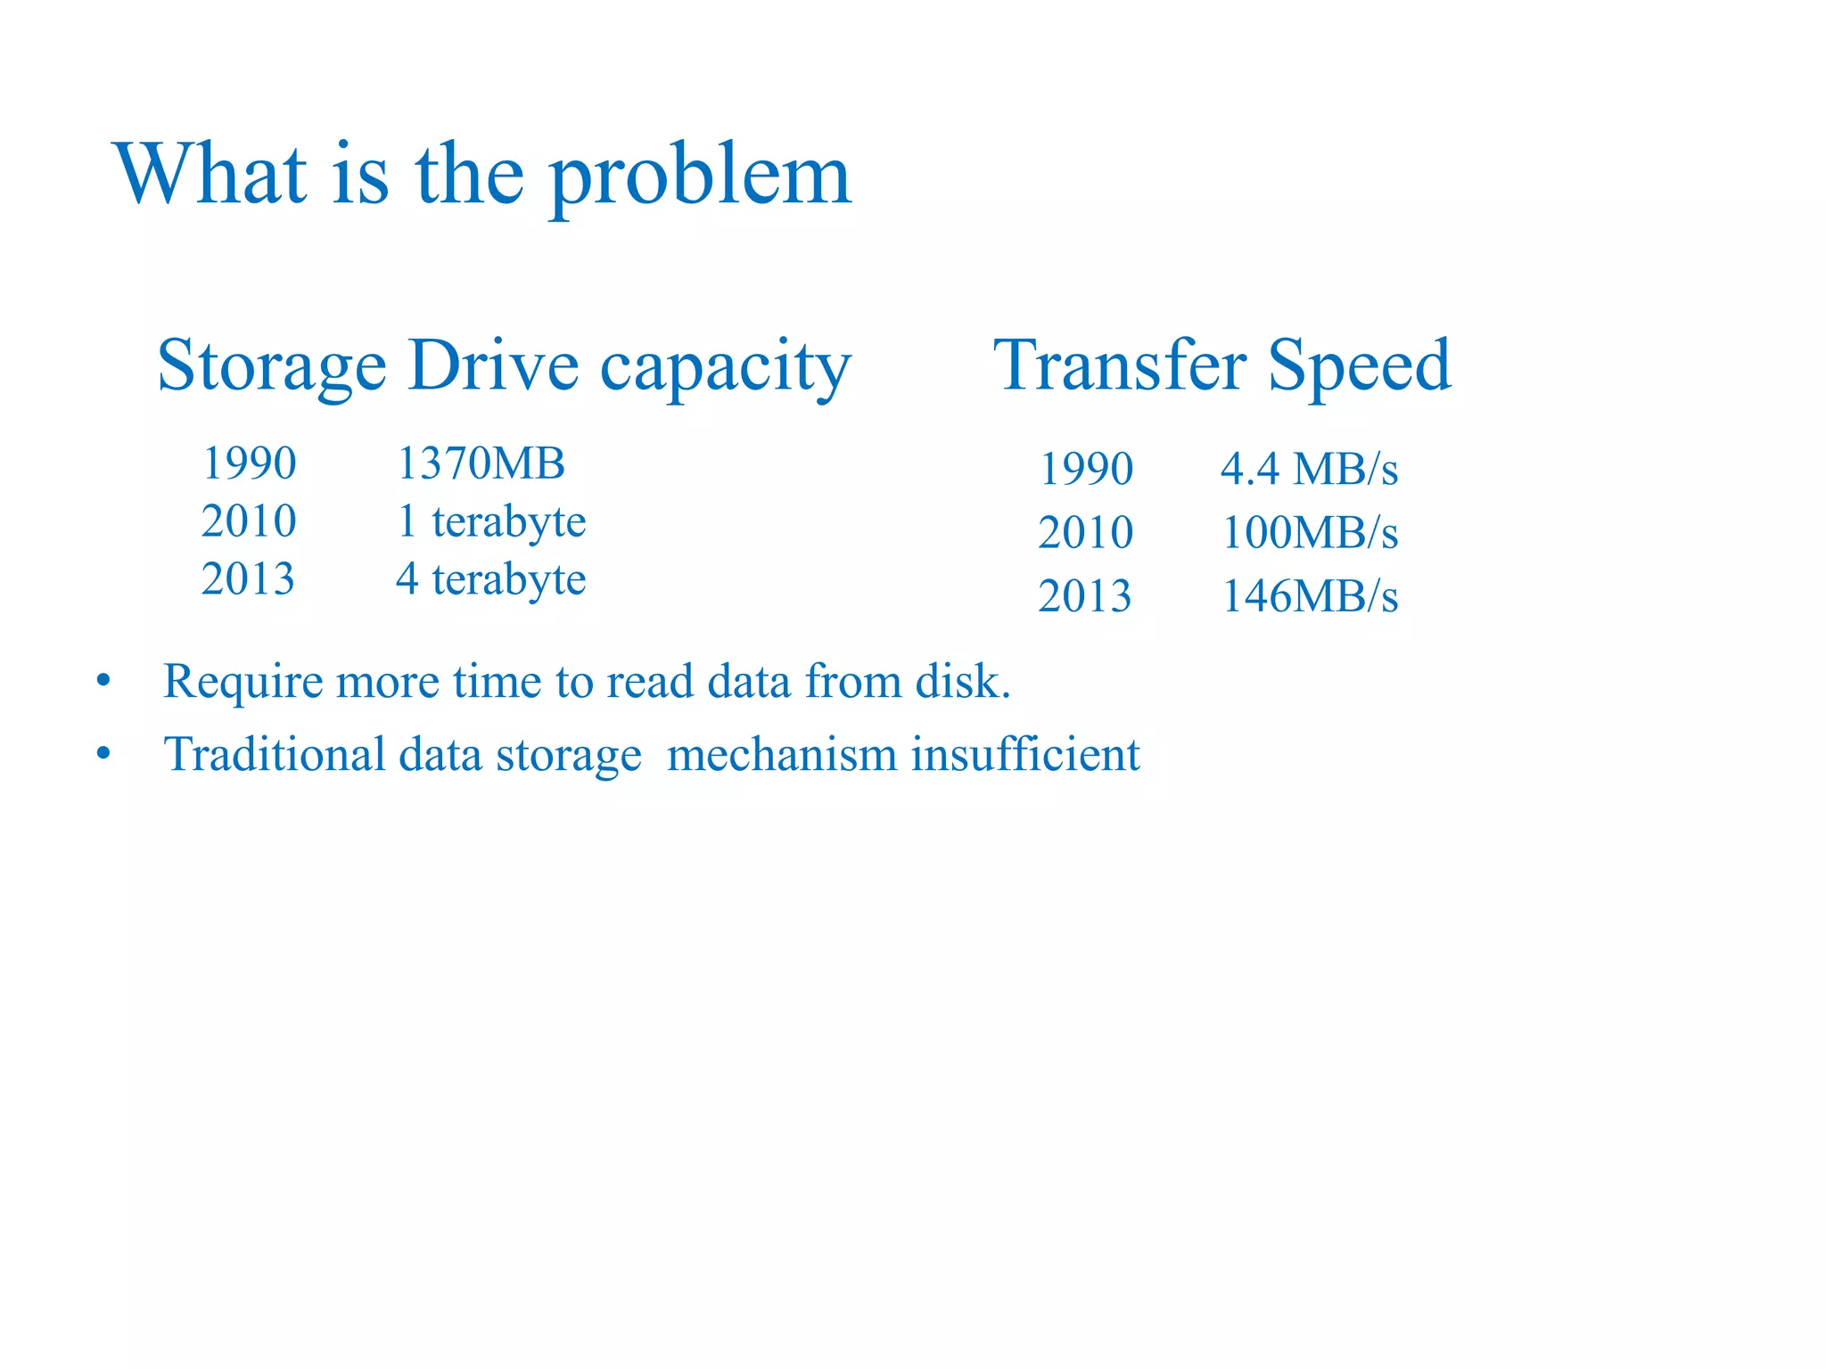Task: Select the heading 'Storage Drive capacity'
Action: (504, 365)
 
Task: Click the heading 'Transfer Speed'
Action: (1221, 365)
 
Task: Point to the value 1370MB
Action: (481, 463)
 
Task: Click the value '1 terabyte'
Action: (490, 521)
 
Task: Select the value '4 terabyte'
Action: (490, 579)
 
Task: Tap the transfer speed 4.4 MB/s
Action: (1309, 469)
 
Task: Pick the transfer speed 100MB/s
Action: (1309, 533)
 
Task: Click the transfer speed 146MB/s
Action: (1309, 596)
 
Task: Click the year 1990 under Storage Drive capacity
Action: (249, 463)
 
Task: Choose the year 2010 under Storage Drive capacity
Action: (249, 521)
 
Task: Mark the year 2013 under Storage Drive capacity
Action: (248, 579)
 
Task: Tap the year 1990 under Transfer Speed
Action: (1086, 469)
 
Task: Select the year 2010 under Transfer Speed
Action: (1086, 533)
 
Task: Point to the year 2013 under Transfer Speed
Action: (1085, 596)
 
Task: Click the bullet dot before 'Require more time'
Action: (104, 682)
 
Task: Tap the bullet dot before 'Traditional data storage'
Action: (104, 754)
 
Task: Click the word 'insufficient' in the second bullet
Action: (1024, 754)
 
